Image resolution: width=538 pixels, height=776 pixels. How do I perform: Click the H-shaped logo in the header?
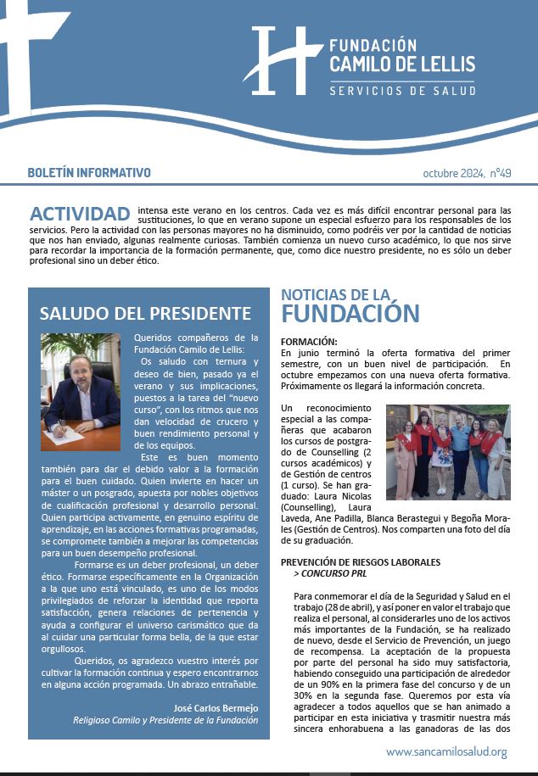click(x=276, y=59)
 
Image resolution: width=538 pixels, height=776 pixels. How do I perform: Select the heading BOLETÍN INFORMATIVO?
click(x=89, y=172)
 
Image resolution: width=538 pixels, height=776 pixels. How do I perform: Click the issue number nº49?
click(x=500, y=173)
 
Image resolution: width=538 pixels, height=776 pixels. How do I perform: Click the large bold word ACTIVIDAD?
click(x=80, y=213)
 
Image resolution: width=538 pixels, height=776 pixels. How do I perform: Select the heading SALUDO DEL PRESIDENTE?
click(x=145, y=313)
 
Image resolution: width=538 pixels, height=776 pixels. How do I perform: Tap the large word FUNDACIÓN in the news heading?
click(x=350, y=313)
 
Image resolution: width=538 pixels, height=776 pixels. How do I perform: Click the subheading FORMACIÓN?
click(x=309, y=341)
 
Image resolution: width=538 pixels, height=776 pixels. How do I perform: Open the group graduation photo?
click(x=448, y=452)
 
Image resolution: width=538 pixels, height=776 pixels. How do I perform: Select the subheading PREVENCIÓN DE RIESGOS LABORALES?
click(x=361, y=562)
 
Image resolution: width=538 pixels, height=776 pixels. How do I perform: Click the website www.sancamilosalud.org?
click(x=446, y=751)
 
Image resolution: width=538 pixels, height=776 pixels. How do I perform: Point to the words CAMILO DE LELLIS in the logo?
click(x=402, y=64)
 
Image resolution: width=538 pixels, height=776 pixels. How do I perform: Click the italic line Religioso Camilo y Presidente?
click(x=165, y=720)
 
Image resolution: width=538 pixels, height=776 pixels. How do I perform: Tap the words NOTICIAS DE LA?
click(x=335, y=294)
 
